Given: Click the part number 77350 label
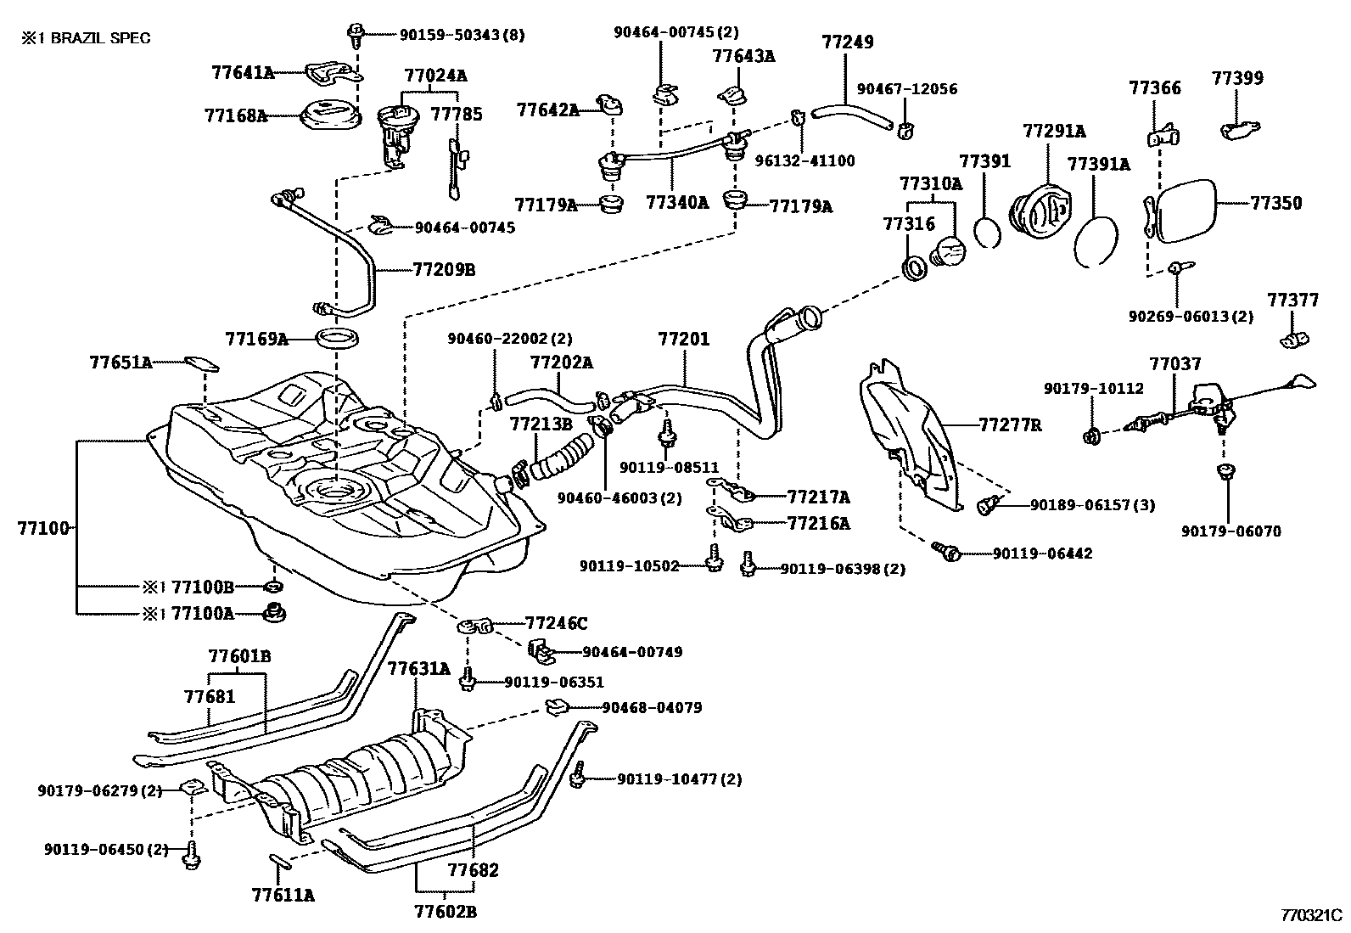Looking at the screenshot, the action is (x=1275, y=203).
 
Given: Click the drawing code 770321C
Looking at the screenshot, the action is (x=1311, y=916).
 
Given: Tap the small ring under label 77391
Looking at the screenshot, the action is (x=986, y=232).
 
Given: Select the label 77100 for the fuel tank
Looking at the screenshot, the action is (x=42, y=527).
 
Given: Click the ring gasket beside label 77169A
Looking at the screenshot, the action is (x=337, y=340).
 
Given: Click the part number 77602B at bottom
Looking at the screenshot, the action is (x=445, y=912).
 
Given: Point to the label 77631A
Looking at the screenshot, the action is (x=418, y=668).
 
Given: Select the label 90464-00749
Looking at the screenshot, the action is (x=632, y=652).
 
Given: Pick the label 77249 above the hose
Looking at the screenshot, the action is (x=847, y=42).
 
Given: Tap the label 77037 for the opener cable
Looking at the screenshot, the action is (x=1175, y=364).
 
